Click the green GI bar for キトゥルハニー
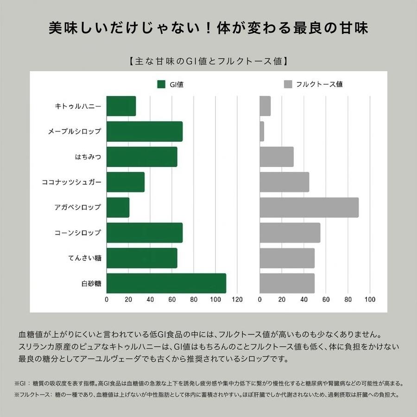(x=121, y=106)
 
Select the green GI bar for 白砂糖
(x=166, y=283)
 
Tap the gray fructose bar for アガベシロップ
(x=309, y=207)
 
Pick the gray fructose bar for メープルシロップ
(x=262, y=132)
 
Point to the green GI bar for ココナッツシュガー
(x=126, y=182)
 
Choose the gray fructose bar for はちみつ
(x=277, y=157)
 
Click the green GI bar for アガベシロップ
(x=118, y=207)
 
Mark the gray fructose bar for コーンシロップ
(x=290, y=233)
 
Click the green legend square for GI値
(x=162, y=84)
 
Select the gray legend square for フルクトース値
(x=288, y=84)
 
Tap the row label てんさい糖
(x=85, y=258)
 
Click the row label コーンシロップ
(x=78, y=233)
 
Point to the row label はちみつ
(x=88, y=157)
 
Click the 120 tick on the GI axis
(x=237, y=299)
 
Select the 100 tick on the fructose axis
(x=370, y=299)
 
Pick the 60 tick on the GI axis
(x=172, y=299)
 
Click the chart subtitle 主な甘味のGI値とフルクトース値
(x=208, y=61)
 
